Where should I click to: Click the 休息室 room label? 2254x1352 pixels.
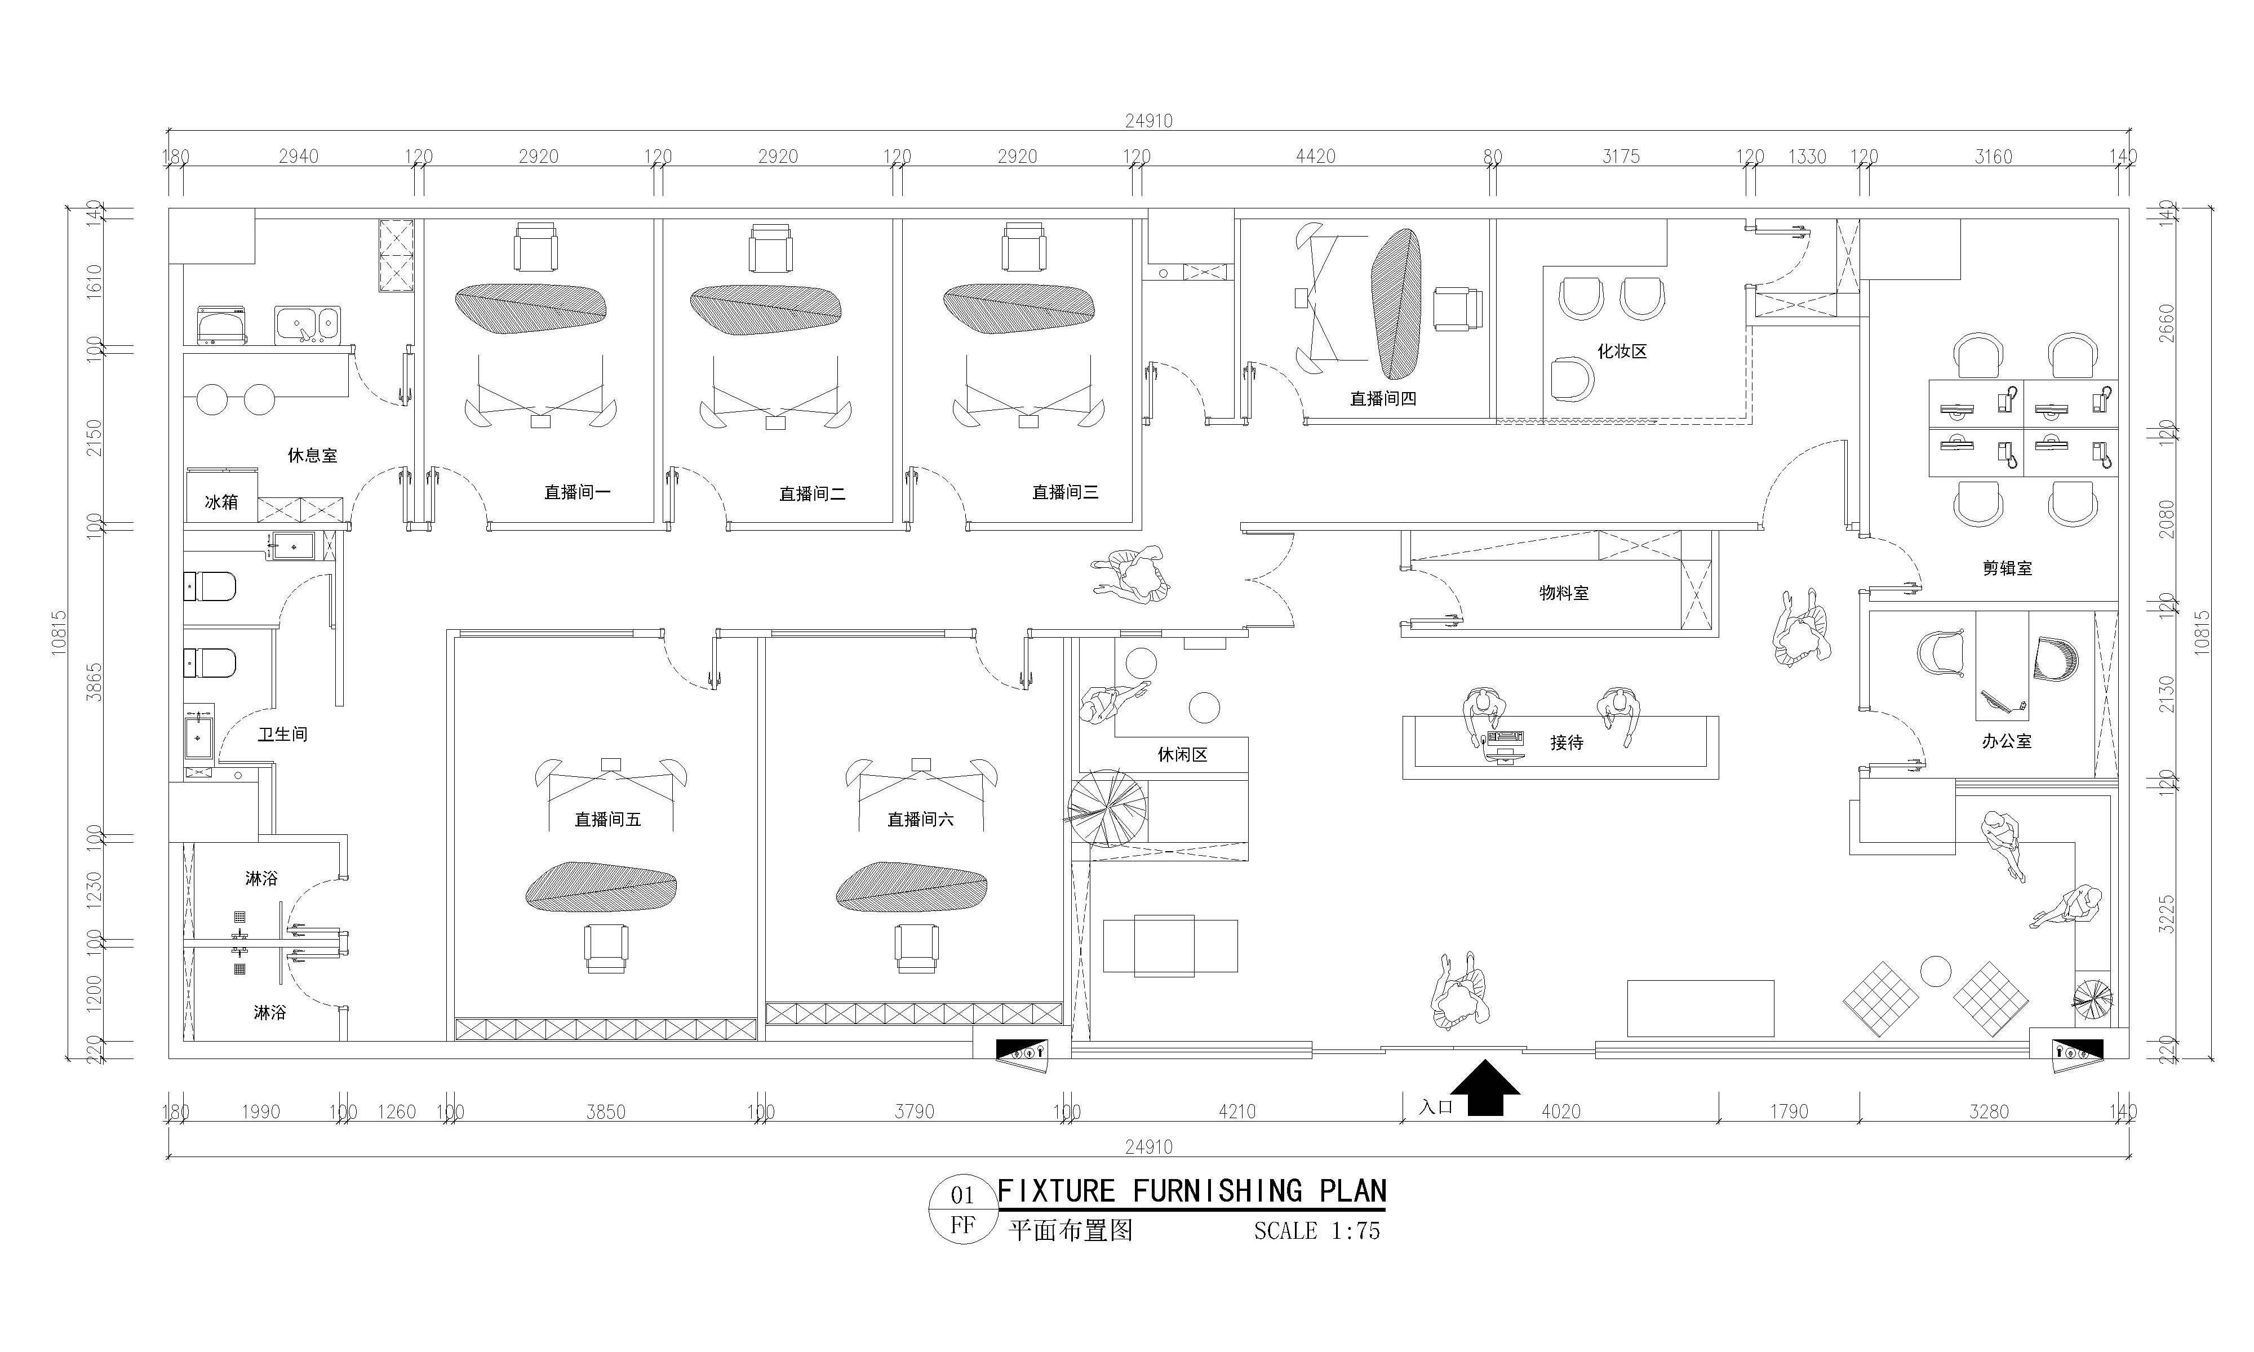(313, 455)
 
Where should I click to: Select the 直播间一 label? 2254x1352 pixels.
(578, 492)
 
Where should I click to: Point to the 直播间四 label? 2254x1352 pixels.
(1383, 398)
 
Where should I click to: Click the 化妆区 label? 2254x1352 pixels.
(1622, 351)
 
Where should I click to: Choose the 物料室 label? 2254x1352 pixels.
(1564, 593)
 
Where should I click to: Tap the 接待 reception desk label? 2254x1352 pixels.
(1567, 742)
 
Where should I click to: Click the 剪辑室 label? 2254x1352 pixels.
(2007, 568)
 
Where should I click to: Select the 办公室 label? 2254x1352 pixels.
(2007, 741)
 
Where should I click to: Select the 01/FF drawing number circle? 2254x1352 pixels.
(962, 1211)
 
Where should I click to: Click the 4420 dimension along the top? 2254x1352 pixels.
(1316, 157)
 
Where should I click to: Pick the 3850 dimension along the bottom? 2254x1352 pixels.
(606, 1111)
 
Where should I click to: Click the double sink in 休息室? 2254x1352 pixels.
(307, 325)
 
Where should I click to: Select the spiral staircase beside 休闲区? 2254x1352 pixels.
(1108, 808)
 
